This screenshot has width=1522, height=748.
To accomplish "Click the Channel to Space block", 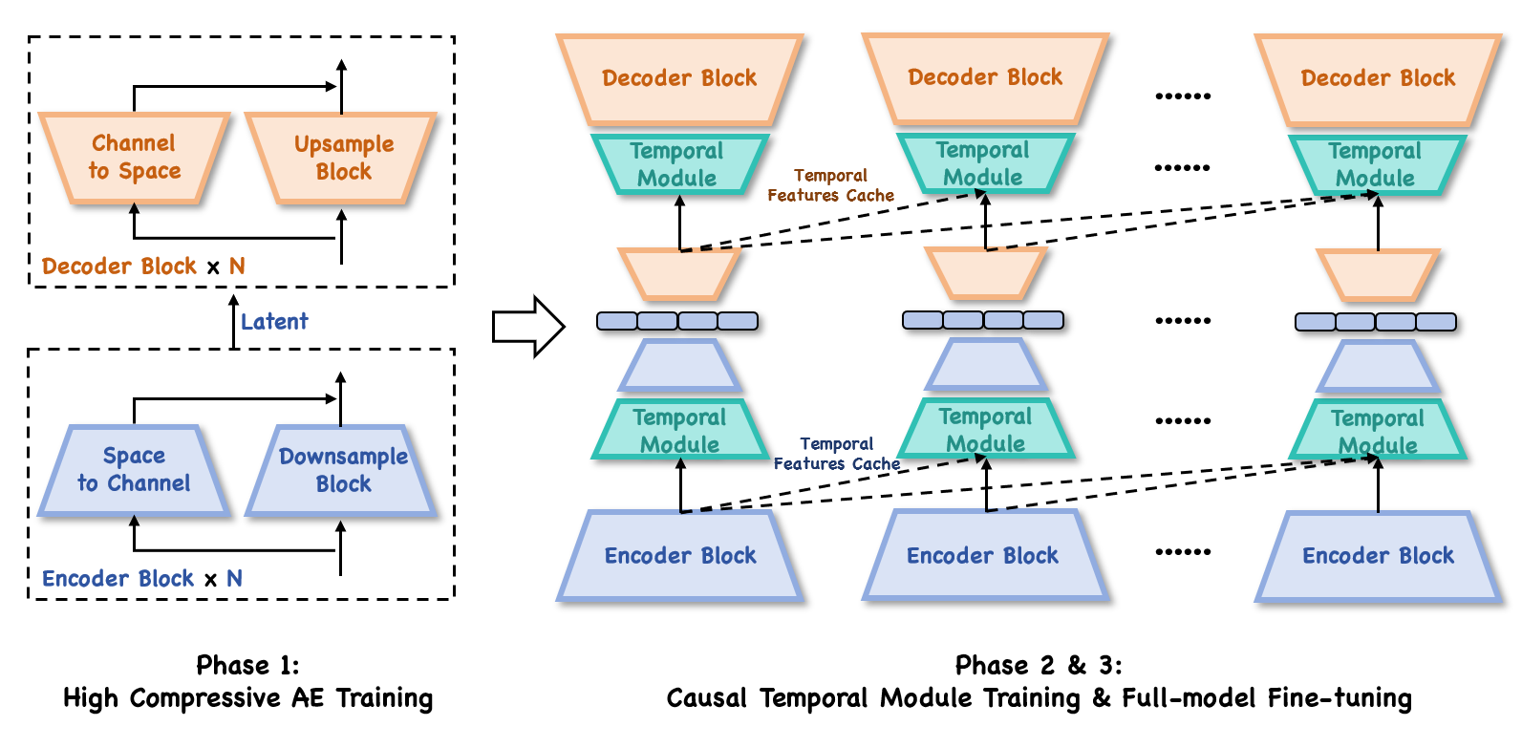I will [134, 158].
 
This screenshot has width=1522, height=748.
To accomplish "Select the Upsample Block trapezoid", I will [342, 158].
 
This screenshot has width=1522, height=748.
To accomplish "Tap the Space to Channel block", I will [134, 470].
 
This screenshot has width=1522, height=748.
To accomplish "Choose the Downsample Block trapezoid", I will [342, 470].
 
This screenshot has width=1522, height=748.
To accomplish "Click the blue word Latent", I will [274, 322].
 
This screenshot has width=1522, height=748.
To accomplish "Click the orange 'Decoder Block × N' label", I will [143, 267].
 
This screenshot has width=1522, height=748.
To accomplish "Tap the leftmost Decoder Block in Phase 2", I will [679, 78].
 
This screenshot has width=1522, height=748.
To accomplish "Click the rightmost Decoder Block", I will [1378, 78].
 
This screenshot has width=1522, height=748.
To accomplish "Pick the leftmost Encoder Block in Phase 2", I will [680, 556].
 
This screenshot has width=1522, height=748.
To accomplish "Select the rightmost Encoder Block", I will [1378, 556].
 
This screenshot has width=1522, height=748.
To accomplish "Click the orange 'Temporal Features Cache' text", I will [830, 185].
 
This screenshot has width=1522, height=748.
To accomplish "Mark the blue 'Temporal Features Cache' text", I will [836, 454].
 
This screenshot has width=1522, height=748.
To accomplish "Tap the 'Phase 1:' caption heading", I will [247, 665].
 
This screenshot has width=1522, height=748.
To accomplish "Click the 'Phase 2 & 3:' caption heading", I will [1039, 665].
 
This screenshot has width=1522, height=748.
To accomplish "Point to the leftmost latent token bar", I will [676, 321].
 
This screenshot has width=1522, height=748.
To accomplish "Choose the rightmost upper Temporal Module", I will [1375, 164].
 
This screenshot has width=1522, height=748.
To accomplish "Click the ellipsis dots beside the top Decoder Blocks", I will [1182, 96].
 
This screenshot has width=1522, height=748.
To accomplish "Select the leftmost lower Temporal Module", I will [679, 431].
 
